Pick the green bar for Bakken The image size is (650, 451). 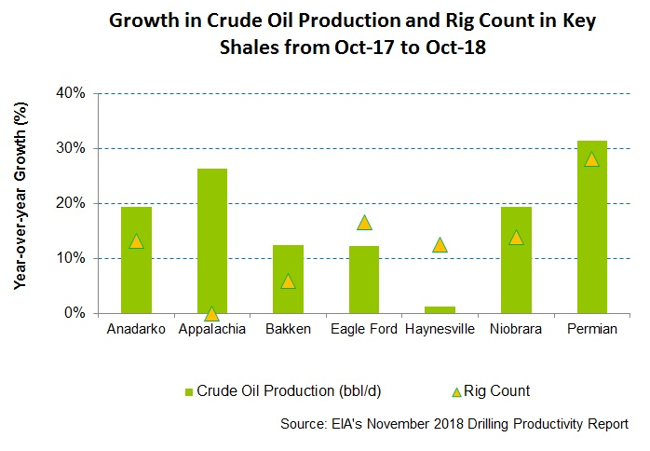[x=288, y=279]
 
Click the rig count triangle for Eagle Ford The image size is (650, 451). [x=364, y=223]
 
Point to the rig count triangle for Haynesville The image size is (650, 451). [x=440, y=245]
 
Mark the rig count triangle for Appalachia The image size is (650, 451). [x=211, y=314]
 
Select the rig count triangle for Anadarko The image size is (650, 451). [x=136, y=241]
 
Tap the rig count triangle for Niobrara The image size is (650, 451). [x=516, y=238]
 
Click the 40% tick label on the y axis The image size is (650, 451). [x=73, y=93]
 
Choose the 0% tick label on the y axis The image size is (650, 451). [x=76, y=313]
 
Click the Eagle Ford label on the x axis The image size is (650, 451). [x=363, y=330]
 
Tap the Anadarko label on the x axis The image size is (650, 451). [x=136, y=330]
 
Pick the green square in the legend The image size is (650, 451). [x=190, y=391]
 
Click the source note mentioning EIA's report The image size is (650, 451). [x=454, y=425]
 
